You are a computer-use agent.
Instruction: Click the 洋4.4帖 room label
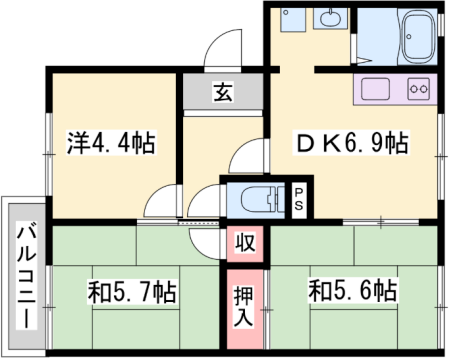point(111,142)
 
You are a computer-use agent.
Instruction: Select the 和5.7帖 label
point(132,292)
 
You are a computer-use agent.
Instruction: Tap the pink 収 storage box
point(245,241)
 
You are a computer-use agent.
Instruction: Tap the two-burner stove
point(418,90)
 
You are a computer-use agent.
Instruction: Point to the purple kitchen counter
point(394,90)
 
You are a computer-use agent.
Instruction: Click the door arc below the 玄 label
point(243,156)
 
